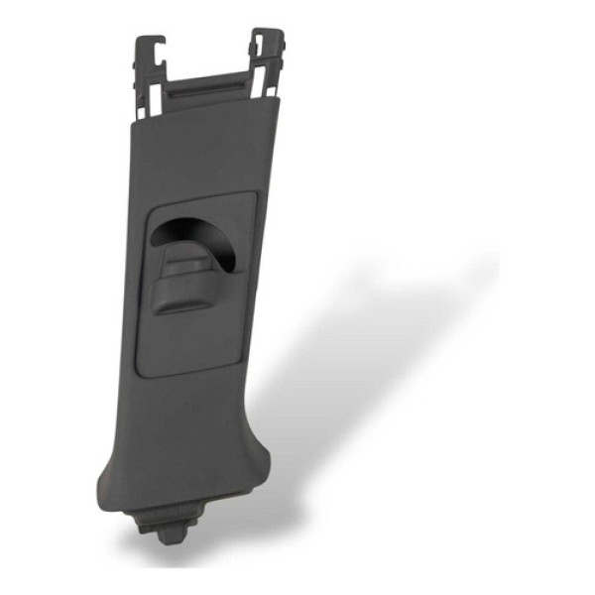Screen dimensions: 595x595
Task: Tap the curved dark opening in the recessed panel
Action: pyautogui.click(x=198, y=238)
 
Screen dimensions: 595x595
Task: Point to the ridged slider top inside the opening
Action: pyautogui.click(x=188, y=262)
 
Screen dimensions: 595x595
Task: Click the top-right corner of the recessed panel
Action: pyautogui.click(x=252, y=196)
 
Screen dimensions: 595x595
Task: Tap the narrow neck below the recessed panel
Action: pyautogui.click(x=193, y=416)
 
